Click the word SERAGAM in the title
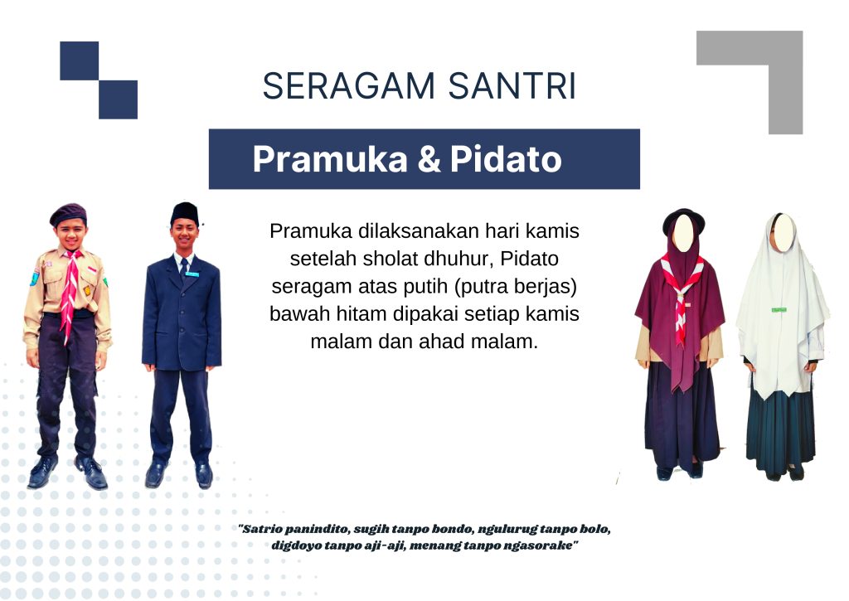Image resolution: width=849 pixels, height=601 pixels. (349, 86)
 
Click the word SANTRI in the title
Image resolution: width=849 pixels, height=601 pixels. (512, 86)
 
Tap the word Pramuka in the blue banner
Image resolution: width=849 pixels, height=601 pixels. (330, 159)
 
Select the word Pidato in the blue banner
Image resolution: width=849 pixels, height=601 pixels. (506, 159)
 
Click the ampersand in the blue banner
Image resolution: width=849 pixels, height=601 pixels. (429, 159)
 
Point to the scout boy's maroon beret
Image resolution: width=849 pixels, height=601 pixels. (68, 214)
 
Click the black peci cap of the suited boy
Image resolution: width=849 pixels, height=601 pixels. (184, 213)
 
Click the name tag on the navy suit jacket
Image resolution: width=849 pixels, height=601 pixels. (192, 274)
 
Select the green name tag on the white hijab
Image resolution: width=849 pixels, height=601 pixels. (779, 310)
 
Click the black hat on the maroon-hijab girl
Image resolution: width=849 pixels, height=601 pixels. (684, 219)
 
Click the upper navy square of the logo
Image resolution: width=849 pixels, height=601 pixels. (79, 61)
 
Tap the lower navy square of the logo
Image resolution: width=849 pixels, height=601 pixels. (118, 99)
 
